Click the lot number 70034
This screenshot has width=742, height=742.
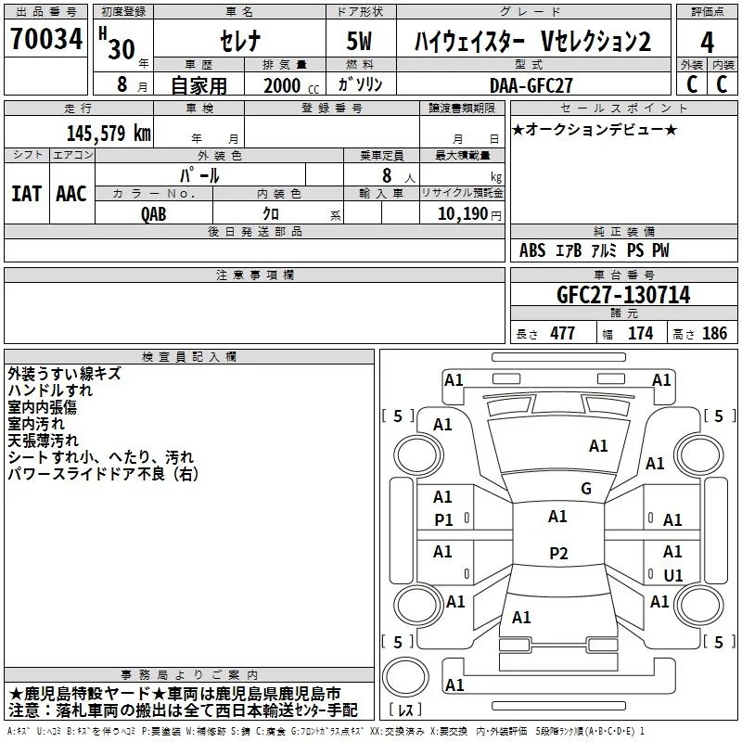pos(46,39)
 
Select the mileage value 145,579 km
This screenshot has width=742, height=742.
pos(109,134)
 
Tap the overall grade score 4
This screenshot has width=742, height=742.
pos(707,43)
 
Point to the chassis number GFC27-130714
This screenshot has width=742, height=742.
pos(623,295)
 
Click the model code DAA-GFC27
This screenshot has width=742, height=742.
pos(531,85)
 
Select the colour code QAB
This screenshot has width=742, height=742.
pos(153,214)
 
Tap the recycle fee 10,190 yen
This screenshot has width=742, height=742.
pos(469,214)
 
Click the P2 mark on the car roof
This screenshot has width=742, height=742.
pos(558,553)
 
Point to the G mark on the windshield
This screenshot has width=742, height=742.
pos(586,489)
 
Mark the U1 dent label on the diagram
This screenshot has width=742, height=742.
pos(673,575)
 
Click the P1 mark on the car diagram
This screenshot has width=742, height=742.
pos(443,520)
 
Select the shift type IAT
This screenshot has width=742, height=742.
pos(27,194)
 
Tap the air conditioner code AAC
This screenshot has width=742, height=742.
pos(71,194)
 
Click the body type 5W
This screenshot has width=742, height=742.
pos(359,41)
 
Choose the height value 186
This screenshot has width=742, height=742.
pos(714,334)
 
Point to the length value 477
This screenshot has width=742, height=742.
pos(563,334)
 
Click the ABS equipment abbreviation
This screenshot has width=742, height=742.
pos(532,250)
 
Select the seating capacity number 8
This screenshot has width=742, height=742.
pos(387,175)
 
